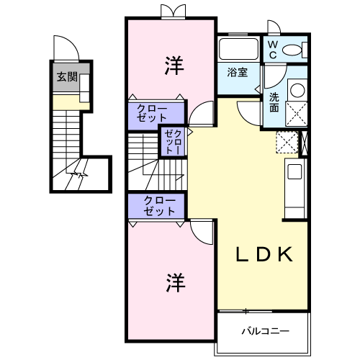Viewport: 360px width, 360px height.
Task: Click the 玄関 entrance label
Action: pyautogui.click(x=68, y=77)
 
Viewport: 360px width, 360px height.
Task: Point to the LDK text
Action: pyautogui.click(x=264, y=254)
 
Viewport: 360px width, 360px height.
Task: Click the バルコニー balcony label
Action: pyautogui.click(x=265, y=331)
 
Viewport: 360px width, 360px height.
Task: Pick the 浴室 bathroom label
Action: pyautogui.click(x=237, y=73)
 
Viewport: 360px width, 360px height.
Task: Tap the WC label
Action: pyautogui.click(x=274, y=50)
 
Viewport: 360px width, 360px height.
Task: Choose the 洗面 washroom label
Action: pyautogui.click(x=274, y=102)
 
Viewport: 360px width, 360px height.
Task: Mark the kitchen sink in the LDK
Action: pyautogui.click(x=296, y=172)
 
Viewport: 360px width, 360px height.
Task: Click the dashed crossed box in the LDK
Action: pyautogui.click(x=287, y=142)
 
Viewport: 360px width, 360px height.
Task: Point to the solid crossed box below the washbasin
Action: pyautogui.click(x=296, y=113)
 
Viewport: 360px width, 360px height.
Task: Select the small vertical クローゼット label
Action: pyautogui.click(x=173, y=141)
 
